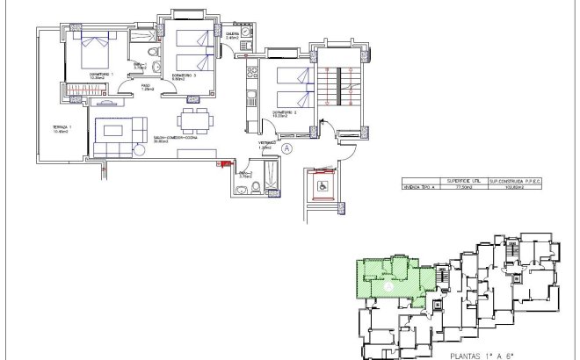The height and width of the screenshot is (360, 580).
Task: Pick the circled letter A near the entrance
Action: point(287,149)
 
